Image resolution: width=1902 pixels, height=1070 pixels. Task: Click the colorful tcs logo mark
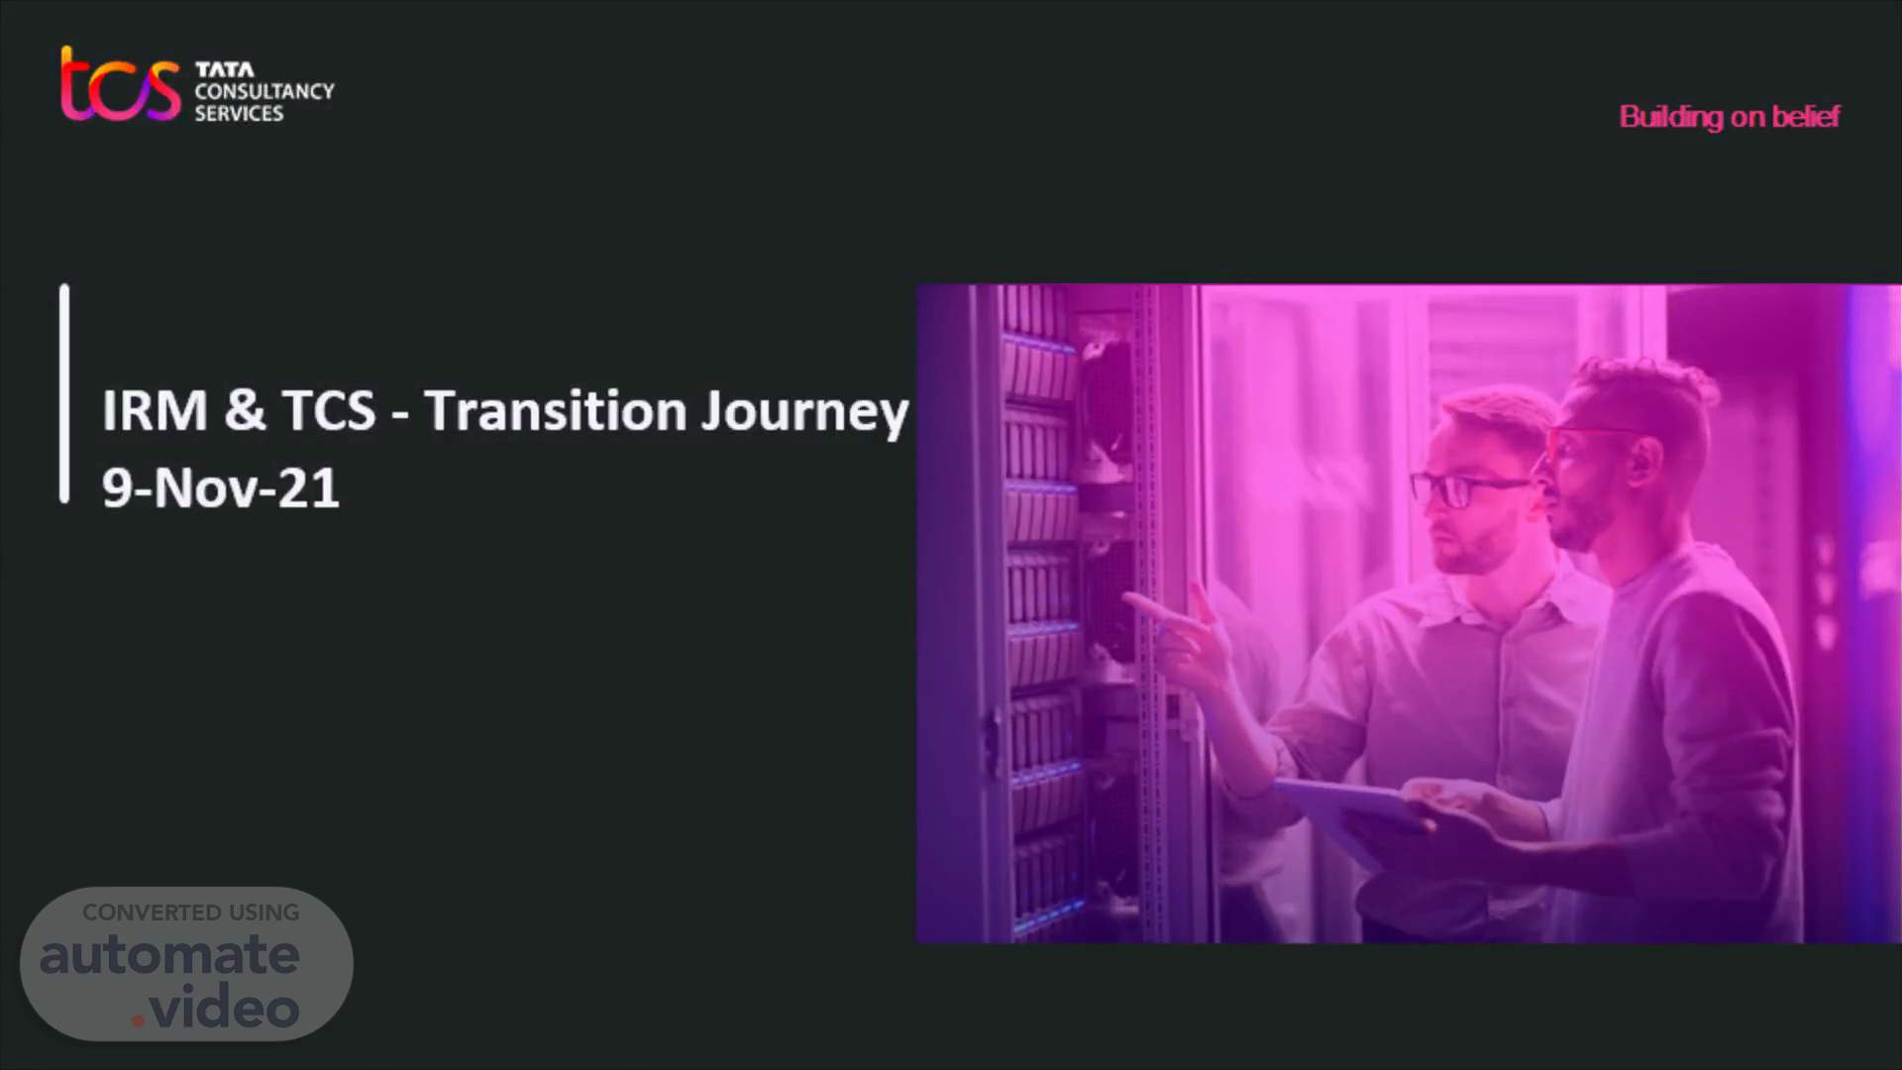coord(120,84)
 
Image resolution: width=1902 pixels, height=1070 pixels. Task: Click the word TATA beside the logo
coord(225,69)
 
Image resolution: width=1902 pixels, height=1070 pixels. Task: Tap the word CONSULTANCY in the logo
coord(264,91)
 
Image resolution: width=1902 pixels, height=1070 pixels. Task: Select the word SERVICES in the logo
coord(239,114)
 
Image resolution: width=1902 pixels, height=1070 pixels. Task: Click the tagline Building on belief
coord(1730,117)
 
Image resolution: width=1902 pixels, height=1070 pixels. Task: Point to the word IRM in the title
coord(155,410)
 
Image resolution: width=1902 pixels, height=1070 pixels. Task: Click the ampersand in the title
coord(245,410)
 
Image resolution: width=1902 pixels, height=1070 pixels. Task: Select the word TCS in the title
coord(329,410)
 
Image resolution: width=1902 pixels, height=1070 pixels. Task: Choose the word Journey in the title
coord(804,414)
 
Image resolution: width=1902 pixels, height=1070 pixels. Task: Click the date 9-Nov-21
coord(221,488)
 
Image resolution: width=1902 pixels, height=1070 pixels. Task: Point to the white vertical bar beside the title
coord(64,393)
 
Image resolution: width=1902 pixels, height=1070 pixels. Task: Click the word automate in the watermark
coord(169,955)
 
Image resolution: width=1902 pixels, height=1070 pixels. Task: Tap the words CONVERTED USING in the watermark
coord(191,912)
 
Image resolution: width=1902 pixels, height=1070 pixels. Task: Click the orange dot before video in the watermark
coord(138,1019)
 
